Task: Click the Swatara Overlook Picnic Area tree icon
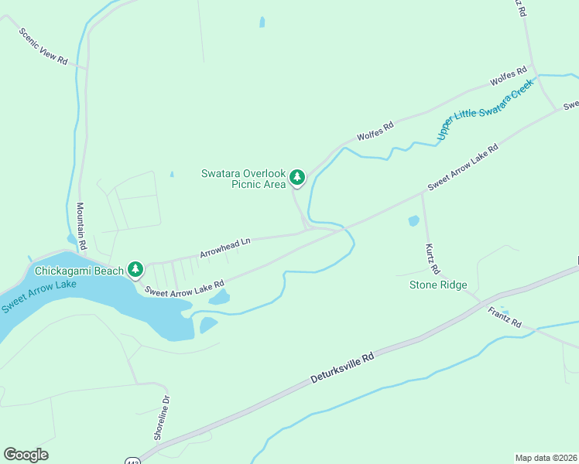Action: coord(296,178)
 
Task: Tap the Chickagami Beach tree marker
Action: coord(136,269)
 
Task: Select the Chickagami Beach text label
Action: coord(79,271)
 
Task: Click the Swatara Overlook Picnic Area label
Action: coord(243,179)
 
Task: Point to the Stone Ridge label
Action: coord(438,285)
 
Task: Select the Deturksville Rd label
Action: coord(342,368)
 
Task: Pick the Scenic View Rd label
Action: coord(43,46)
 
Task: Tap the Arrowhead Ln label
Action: coord(225,247)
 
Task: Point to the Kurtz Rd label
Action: coord(432,258)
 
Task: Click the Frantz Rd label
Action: coord(505,316)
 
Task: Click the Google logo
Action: coord(26,455)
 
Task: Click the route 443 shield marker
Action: coord(132,461)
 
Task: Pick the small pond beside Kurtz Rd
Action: coord(413,221)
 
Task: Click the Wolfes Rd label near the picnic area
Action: coord(375,131)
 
